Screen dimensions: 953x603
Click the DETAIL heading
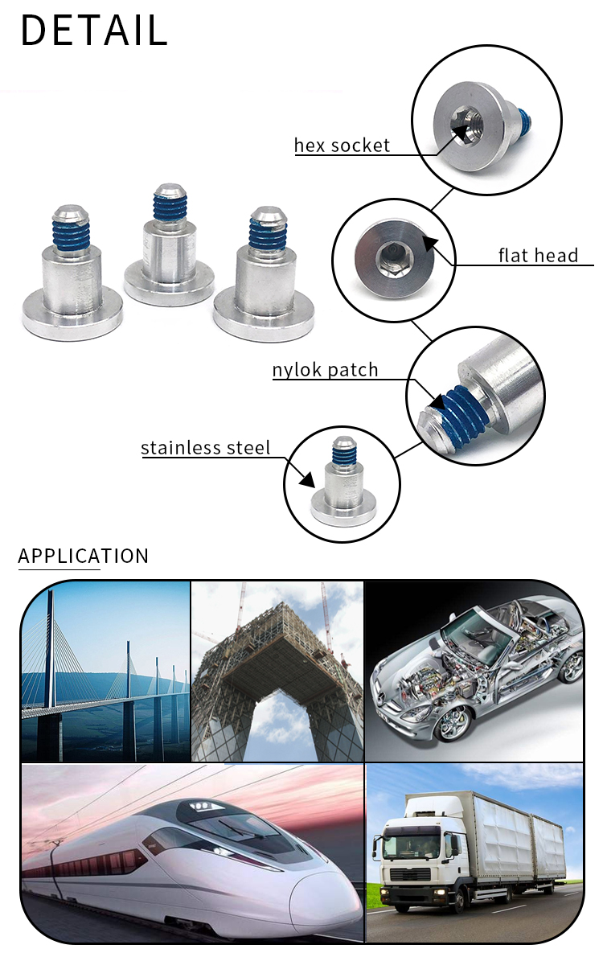click(93, 31)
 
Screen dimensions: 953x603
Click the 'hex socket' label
click(342, 146)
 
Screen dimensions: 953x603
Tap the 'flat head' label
click(538, 256)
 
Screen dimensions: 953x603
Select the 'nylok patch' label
click(325, 370)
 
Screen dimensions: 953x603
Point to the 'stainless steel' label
click(206, 448)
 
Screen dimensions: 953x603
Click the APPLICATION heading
click(84, 556)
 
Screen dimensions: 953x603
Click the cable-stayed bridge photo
click(105, 672)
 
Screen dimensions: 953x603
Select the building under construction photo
click(277, 672)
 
